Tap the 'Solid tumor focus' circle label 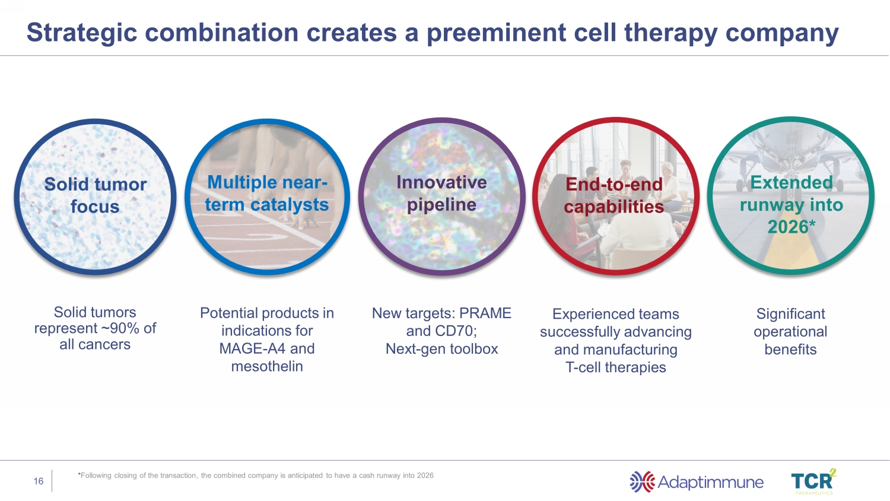click(95, 195)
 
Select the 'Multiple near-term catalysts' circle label click(267, 194)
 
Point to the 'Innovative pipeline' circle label click(441, 194)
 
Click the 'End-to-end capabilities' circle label click(614, 195)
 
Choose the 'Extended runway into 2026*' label click(791, 204)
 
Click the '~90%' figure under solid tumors click(124, 328)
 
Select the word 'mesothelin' click(267, 366)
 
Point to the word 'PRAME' click(485, 313)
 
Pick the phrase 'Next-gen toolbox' click(441, 348)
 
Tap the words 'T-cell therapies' click(616, 367)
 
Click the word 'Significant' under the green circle click(790, 313)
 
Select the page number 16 click(39, 481)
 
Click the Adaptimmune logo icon click(642, 482)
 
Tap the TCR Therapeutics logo click(813, 481)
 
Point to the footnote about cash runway click(256, 475)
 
